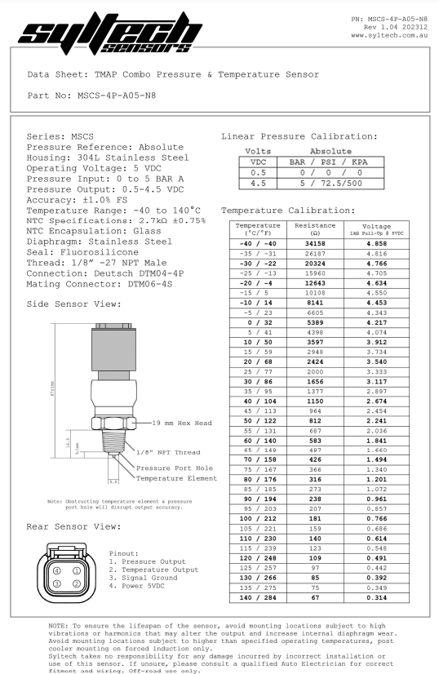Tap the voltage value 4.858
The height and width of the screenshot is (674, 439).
(376, 243)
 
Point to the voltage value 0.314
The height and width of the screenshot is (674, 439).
(376, 598)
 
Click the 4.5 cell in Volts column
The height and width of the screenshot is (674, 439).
(257, 183)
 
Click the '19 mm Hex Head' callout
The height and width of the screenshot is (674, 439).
(181, 423)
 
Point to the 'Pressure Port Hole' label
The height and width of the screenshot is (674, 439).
(174, 468)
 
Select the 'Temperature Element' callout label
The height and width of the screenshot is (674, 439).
(176, 478)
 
